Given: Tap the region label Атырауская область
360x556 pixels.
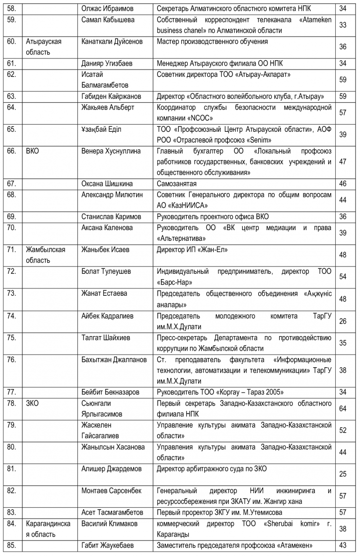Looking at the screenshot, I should click(44, 46).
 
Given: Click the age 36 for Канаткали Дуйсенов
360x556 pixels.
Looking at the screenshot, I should click(342, 47).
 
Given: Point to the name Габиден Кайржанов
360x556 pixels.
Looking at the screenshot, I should click(111, 96).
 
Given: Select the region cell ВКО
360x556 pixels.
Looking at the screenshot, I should click(32, 151).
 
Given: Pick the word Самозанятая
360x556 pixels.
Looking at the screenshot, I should click(177, 184).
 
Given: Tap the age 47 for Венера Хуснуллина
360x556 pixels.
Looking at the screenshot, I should click(342, 161).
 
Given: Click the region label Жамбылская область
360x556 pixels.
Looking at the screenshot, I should click(45, 255).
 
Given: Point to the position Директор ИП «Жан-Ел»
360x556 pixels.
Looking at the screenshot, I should click(193, 250).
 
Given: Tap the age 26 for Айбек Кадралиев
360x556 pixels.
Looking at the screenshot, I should click(342, 321).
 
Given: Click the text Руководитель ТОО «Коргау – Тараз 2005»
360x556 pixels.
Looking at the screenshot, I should click(220, 392).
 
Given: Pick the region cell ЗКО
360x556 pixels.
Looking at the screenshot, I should click(32, 403).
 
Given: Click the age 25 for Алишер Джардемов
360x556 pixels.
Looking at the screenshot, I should click(342, 474).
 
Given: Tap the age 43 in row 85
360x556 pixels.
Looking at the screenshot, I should click(342, 546).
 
